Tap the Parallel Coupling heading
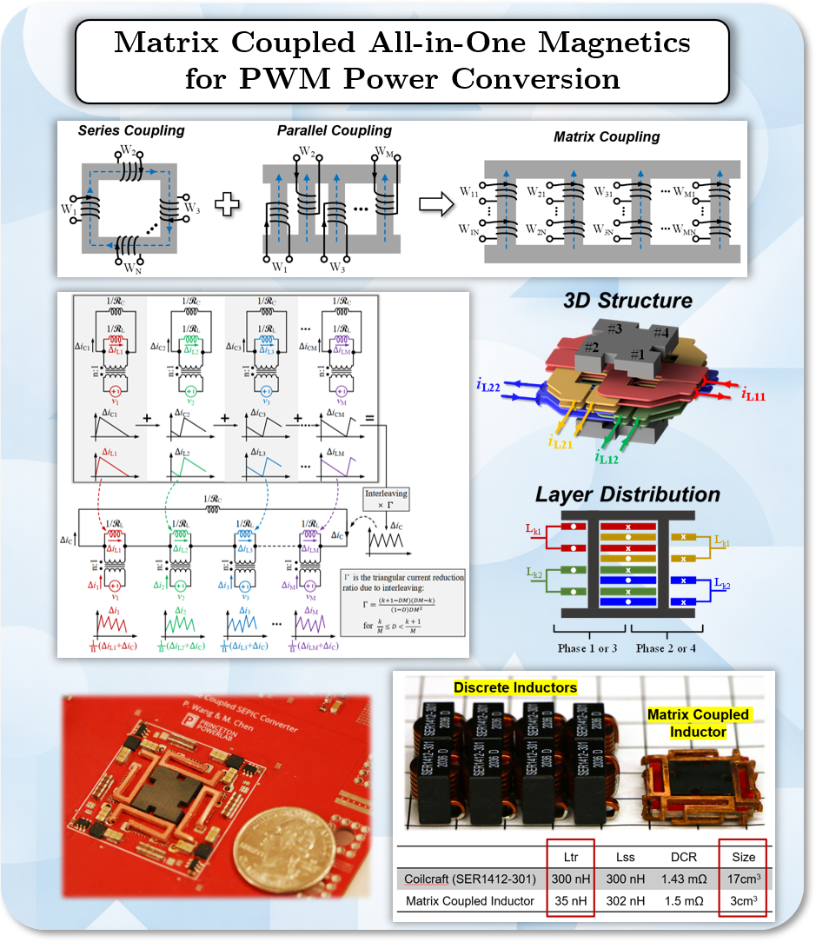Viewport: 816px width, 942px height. tap(335, 131)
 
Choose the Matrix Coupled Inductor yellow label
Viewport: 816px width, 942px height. tap(698, 723)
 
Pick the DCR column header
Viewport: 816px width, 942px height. tap(677, 857)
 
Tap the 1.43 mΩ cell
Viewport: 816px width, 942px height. tap(677, 879)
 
